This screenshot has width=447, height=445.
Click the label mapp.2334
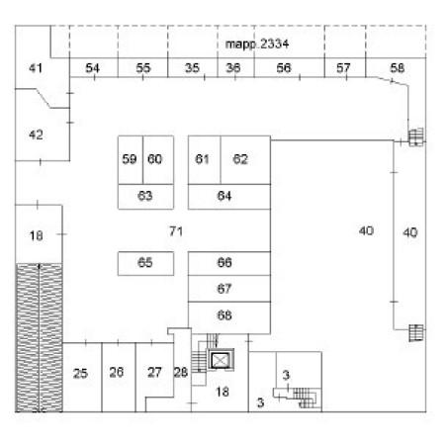click(x=257, y=44)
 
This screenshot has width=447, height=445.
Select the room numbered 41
click(x=36, y=67)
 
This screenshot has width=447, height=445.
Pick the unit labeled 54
click(x=94, y=68)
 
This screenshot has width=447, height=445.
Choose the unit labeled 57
click(x=345, y=68)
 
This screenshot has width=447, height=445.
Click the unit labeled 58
click(x=398, y=69)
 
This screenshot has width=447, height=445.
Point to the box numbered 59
click(x=131, y=160)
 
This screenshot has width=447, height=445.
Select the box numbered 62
click(x=245, y=160)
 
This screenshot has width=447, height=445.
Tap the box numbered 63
click(x=145, y=197)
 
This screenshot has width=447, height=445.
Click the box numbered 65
click(x=145, y=263)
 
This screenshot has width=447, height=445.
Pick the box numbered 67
click(x=229, y=289)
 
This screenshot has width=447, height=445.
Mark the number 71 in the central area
click(x=176, y=231)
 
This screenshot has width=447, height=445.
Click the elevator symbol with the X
click(x=221, y=360)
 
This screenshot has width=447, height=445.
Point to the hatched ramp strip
click(x=40, y=337)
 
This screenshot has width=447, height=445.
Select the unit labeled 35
click(x=193, y=68)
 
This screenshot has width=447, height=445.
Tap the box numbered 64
click(x=229, y=197)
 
